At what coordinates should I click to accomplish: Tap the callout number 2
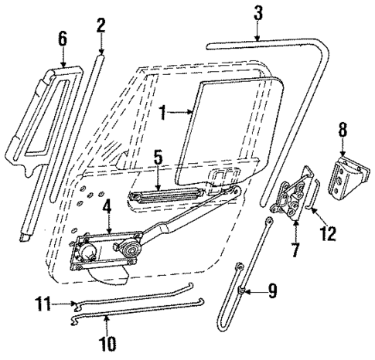(x=101, y=25)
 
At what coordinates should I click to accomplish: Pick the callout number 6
(x=63, y=37)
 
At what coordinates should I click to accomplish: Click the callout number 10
(x=104, y=340)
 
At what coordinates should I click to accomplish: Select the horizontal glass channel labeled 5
(x=166, y=195)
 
